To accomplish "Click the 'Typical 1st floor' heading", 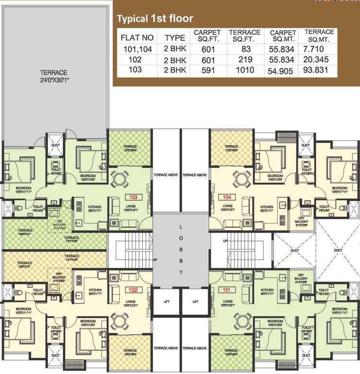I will [155, 19].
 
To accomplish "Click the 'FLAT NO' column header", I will [137, 37].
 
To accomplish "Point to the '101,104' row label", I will [138, 49].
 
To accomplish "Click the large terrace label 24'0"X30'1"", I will [54, 76].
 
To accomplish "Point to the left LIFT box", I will [166, 302].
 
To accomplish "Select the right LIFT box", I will [196, 302].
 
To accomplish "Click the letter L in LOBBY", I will [180, 227].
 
